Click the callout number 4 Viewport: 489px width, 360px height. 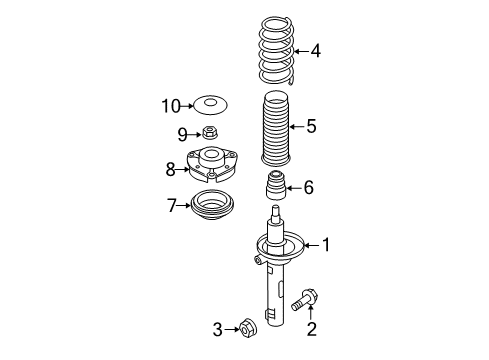(316, 51)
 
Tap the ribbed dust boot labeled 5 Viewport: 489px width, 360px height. (276, 128)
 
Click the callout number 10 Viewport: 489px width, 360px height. (171, 106)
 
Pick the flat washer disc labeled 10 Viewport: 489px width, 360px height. (211, 105)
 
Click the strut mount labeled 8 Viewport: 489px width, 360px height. (212, 164)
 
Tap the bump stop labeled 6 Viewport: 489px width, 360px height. (276, 185)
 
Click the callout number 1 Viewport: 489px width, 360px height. (326, 245)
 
